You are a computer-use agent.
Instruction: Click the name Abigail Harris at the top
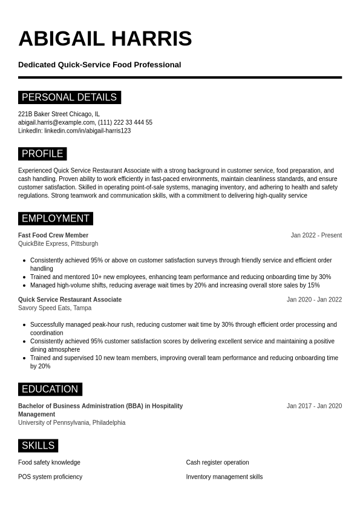pos(105,39)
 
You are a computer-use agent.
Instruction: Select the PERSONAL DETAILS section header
pos(69,97)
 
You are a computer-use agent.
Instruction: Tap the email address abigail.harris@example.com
pos(56,122)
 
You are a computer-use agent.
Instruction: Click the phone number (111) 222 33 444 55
pos(125,122)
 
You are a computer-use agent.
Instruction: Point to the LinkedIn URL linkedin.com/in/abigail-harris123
pos(87,131)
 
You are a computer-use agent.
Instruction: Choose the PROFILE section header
pos(42,154)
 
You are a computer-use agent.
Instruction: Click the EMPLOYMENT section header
pos(55,218)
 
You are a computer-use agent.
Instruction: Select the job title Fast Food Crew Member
pos(53,235)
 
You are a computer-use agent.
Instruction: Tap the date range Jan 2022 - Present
pos(316,235)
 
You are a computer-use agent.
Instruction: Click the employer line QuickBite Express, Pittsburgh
pos(58,244)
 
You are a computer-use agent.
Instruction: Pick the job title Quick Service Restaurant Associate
pos(70,300)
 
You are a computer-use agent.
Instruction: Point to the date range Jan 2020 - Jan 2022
pos(314,300)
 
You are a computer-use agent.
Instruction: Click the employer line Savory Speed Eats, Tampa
pos(55,308)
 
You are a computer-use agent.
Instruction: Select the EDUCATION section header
pos(50,389)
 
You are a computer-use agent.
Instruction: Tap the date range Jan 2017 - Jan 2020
pos(314,406)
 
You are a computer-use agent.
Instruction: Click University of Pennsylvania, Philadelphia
pos(71,423)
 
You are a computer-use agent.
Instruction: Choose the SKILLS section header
pos(38,446)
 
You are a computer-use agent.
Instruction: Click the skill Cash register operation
pos(217,462)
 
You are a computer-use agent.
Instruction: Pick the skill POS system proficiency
pos(50,477)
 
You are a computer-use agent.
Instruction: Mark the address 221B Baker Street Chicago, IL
pos(59,114)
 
